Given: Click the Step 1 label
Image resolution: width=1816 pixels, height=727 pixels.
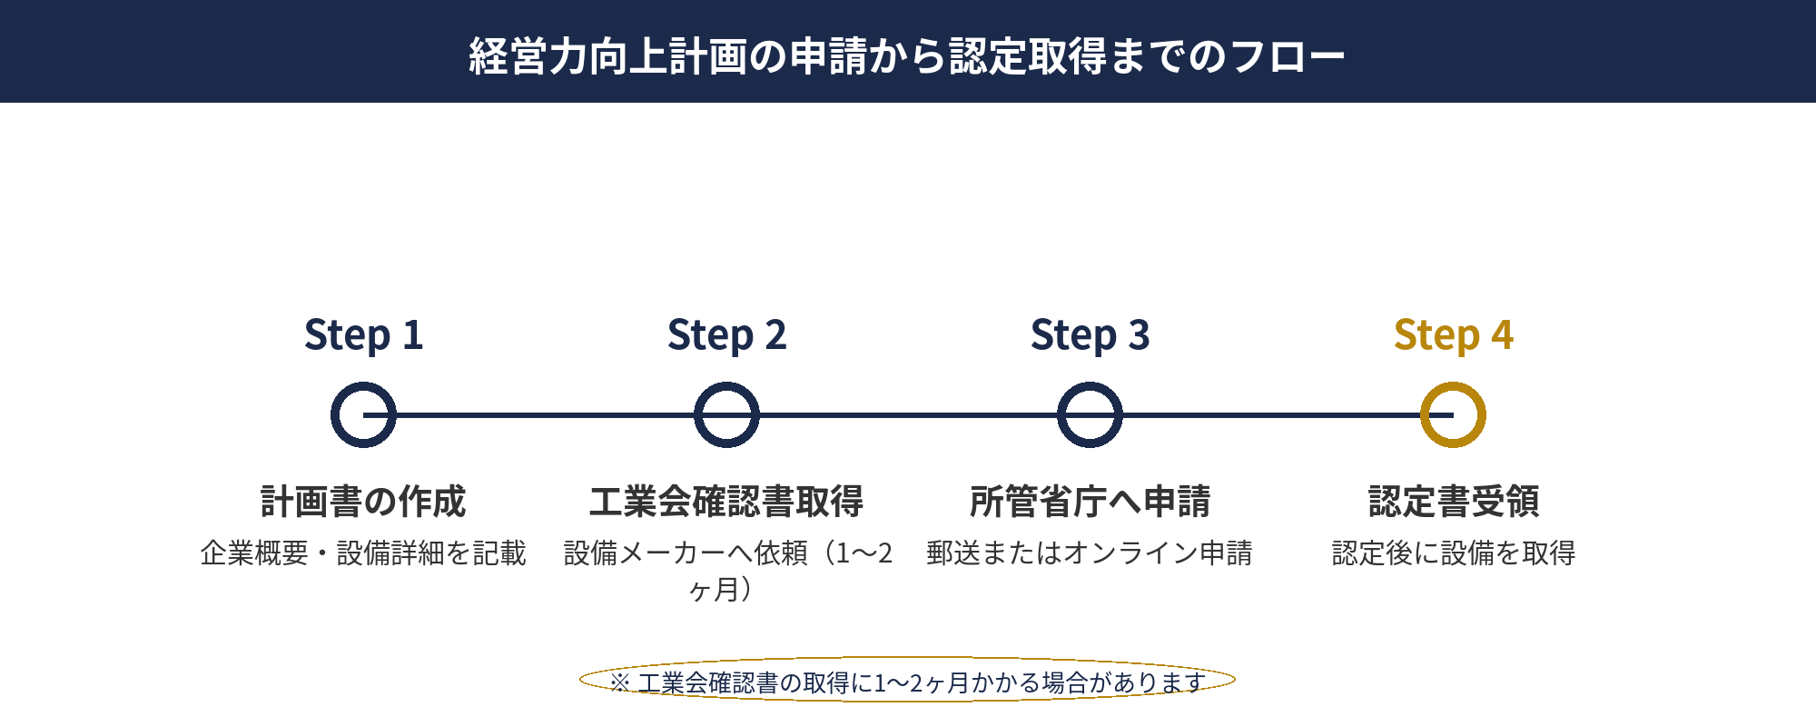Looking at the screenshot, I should pos(363,335).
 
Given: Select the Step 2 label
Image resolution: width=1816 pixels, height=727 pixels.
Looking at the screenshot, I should pos(726,335).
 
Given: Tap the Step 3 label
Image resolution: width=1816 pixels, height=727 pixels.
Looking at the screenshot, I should pos(1090,335).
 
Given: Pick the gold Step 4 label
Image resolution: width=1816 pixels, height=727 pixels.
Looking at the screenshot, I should pos(1453,335).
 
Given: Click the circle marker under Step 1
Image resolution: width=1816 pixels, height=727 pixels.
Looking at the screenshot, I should pos(363,415).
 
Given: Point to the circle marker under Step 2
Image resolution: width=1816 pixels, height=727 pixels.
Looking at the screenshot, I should pos(726,415).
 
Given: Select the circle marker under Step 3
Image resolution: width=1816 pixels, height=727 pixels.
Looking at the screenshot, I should pos(1090,415).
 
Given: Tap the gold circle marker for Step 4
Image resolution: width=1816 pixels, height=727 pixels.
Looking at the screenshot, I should pos(1453,415).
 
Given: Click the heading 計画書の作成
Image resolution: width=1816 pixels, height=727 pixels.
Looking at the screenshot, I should pos(363,502).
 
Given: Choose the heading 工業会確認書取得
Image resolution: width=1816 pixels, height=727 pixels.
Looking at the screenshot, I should pos(726,502).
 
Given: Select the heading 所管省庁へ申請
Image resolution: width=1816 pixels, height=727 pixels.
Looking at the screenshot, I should pos(1090,502).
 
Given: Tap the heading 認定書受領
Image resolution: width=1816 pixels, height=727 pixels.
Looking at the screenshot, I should pos(1453,502).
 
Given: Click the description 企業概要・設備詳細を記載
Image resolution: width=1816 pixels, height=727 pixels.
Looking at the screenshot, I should pos(363,553).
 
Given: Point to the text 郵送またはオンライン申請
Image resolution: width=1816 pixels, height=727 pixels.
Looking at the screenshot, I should pos(1090,553).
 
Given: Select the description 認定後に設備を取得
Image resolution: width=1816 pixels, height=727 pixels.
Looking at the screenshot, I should pos(1453,553).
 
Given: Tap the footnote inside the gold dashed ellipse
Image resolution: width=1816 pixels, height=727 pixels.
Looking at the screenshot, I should pos(908,682).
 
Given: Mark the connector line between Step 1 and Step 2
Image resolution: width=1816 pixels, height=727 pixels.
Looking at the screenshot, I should pos(545,415).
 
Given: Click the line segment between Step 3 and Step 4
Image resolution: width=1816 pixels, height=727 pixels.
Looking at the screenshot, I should pos(1271,415).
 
